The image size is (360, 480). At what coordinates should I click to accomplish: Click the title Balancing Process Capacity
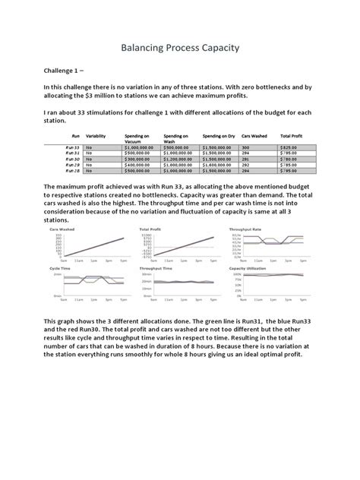click(x=180, y=48)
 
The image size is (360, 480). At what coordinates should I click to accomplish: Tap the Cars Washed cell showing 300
click(x=245, y=147)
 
